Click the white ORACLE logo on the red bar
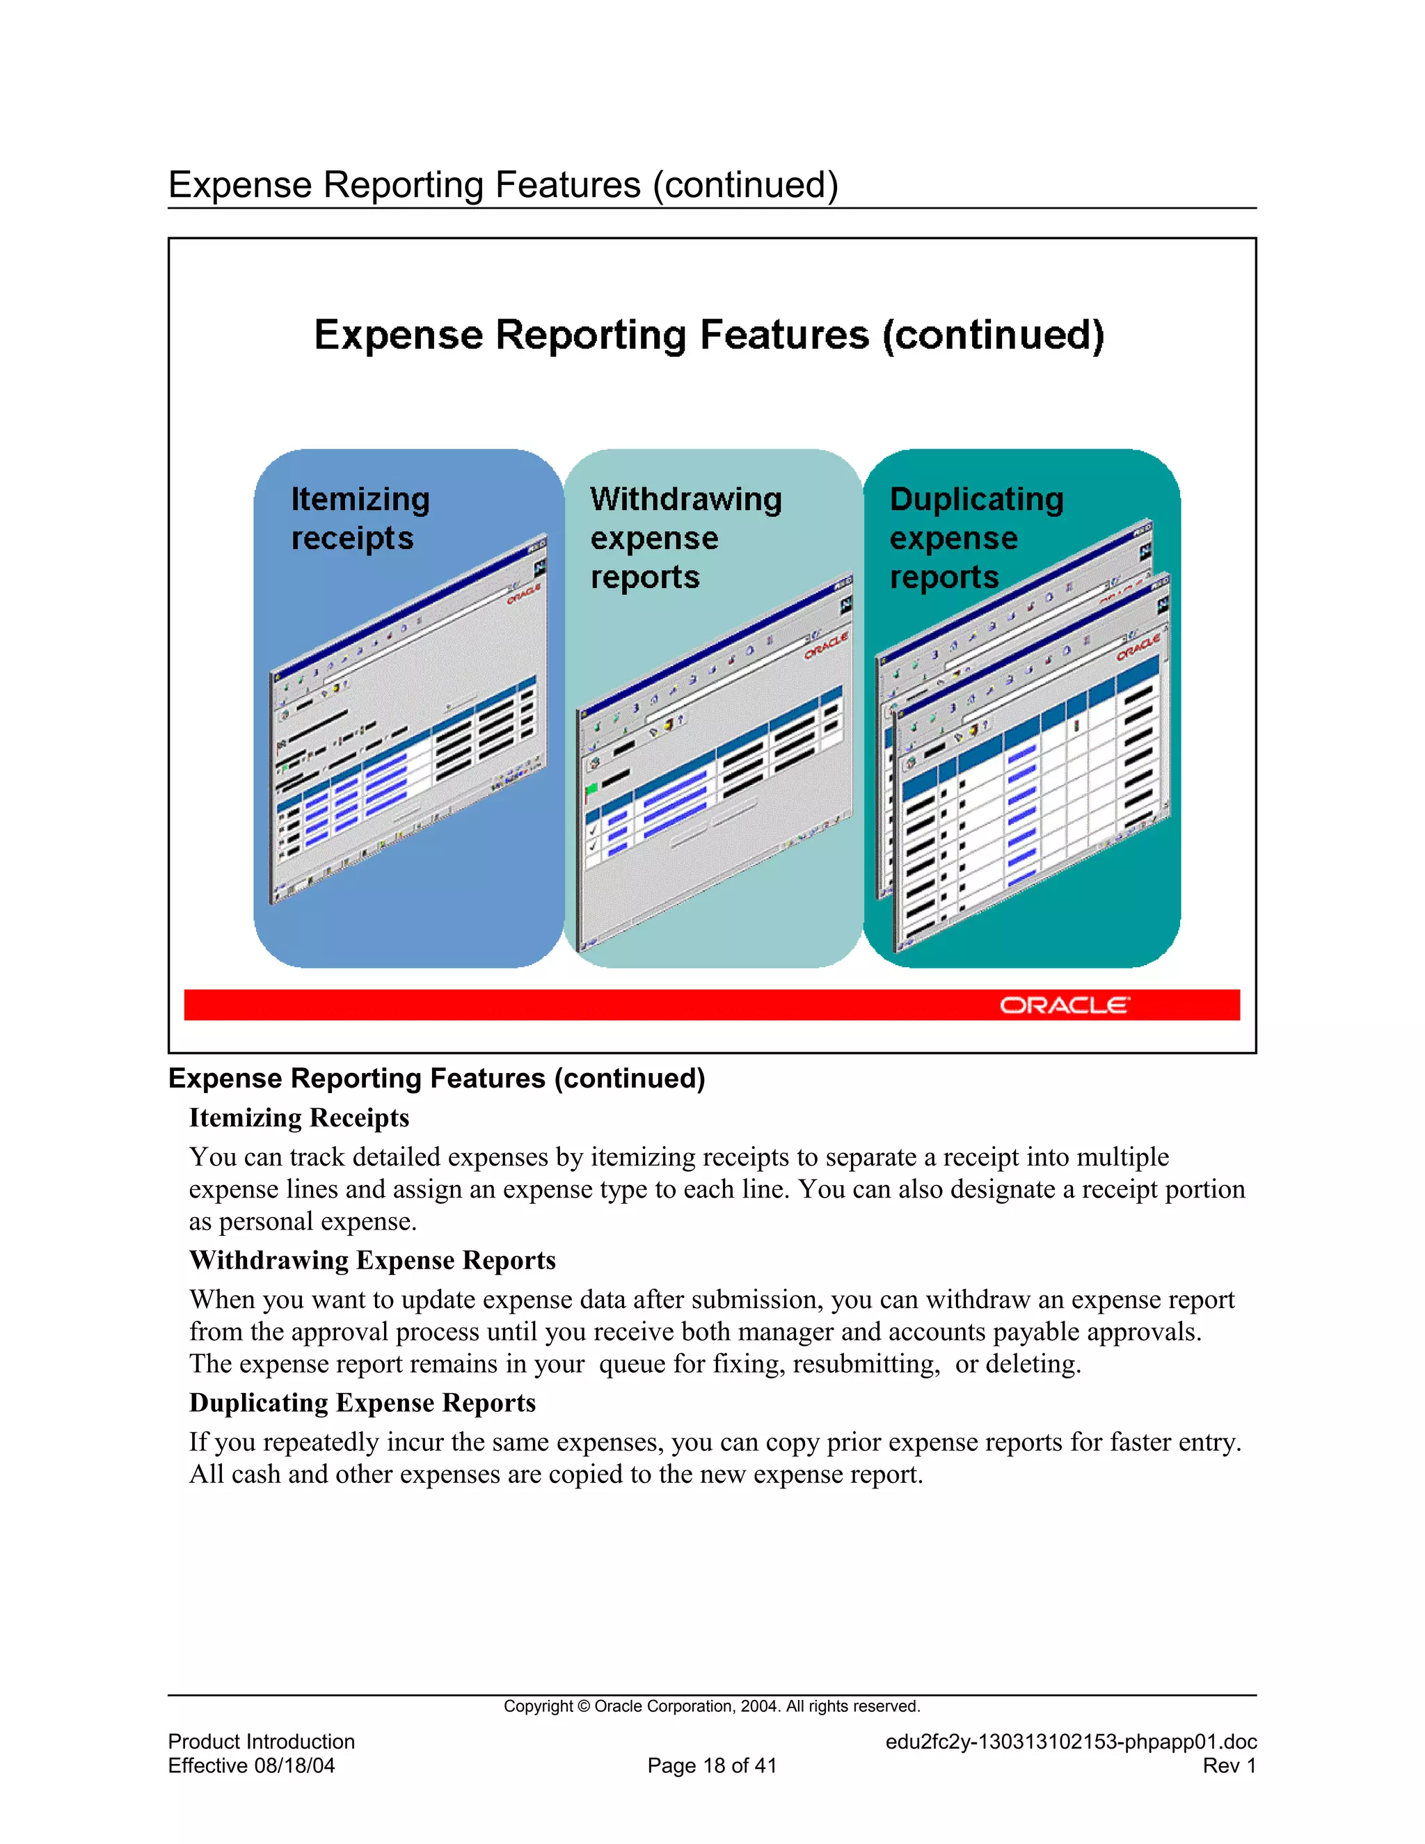point(1064,1005)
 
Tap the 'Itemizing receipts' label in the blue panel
point(360,518)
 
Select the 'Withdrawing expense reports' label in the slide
point(685,538)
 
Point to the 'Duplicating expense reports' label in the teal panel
point(976,538)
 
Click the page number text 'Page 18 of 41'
point(712,1765)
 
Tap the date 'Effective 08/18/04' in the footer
point(252,1765)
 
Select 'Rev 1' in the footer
point(1229,1765)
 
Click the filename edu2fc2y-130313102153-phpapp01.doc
point(1070,1742)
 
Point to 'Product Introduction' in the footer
point(262,1742)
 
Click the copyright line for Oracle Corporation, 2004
point(712,1706)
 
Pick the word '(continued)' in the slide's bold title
point(993,335)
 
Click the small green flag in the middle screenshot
point(591,790)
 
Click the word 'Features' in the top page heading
point(567,185)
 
